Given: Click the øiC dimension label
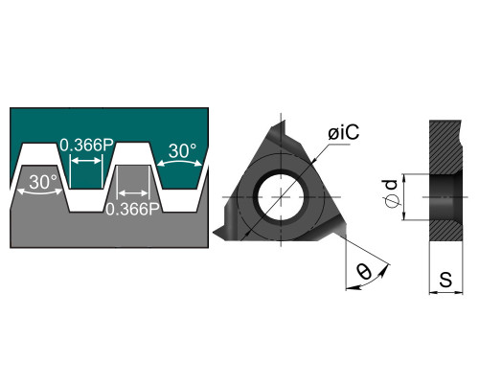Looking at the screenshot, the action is (x=344, y=132).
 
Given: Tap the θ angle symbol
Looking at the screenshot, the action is (x=364, y=272).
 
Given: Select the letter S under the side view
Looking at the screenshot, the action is (x=445, y=280).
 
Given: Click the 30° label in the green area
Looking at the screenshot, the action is (x=182, y=150).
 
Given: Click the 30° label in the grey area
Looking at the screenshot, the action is (x=43, y=182).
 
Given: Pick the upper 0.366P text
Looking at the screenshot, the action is (x=87, y=146).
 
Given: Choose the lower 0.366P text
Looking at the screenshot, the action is (x=132, y=209).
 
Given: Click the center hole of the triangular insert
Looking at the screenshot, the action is (x=281, y=197).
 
